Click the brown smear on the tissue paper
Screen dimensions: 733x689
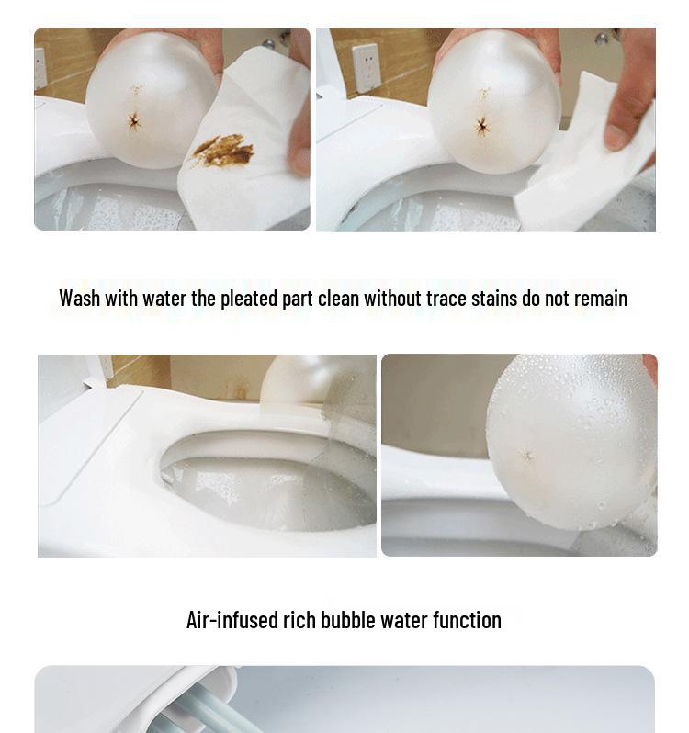(x=223, y=151)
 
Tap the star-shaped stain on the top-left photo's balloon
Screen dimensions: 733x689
(x=134, y=120)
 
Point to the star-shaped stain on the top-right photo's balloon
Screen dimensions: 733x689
(x=481, y=125)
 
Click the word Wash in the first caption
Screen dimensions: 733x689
(x=79, y=299)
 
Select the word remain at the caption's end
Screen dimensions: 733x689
(x=599, y=299)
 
